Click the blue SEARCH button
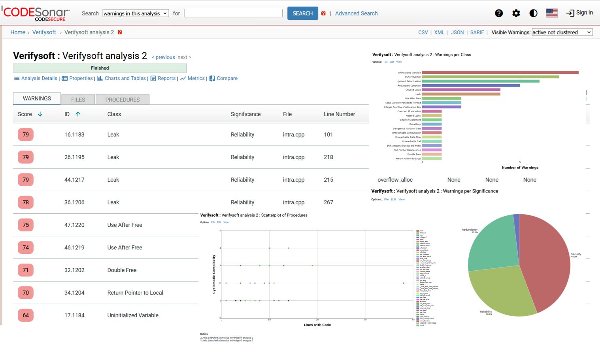point(302,13)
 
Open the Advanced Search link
point(356,13)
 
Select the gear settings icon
point(516,13)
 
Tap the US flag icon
point(551,13)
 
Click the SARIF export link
point(477,32)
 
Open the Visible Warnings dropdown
point(562,32)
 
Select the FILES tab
point(78,100)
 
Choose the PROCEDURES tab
point(122,100)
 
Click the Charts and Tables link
point(125,78)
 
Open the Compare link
point(226,78)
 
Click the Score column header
point(25,114)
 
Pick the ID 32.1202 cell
point(74,270)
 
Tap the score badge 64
point(26,315)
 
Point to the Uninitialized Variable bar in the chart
point(500,73)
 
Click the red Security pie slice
point(547,261)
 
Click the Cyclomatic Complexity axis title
point(214,274)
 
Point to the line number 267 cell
point(328,202)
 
